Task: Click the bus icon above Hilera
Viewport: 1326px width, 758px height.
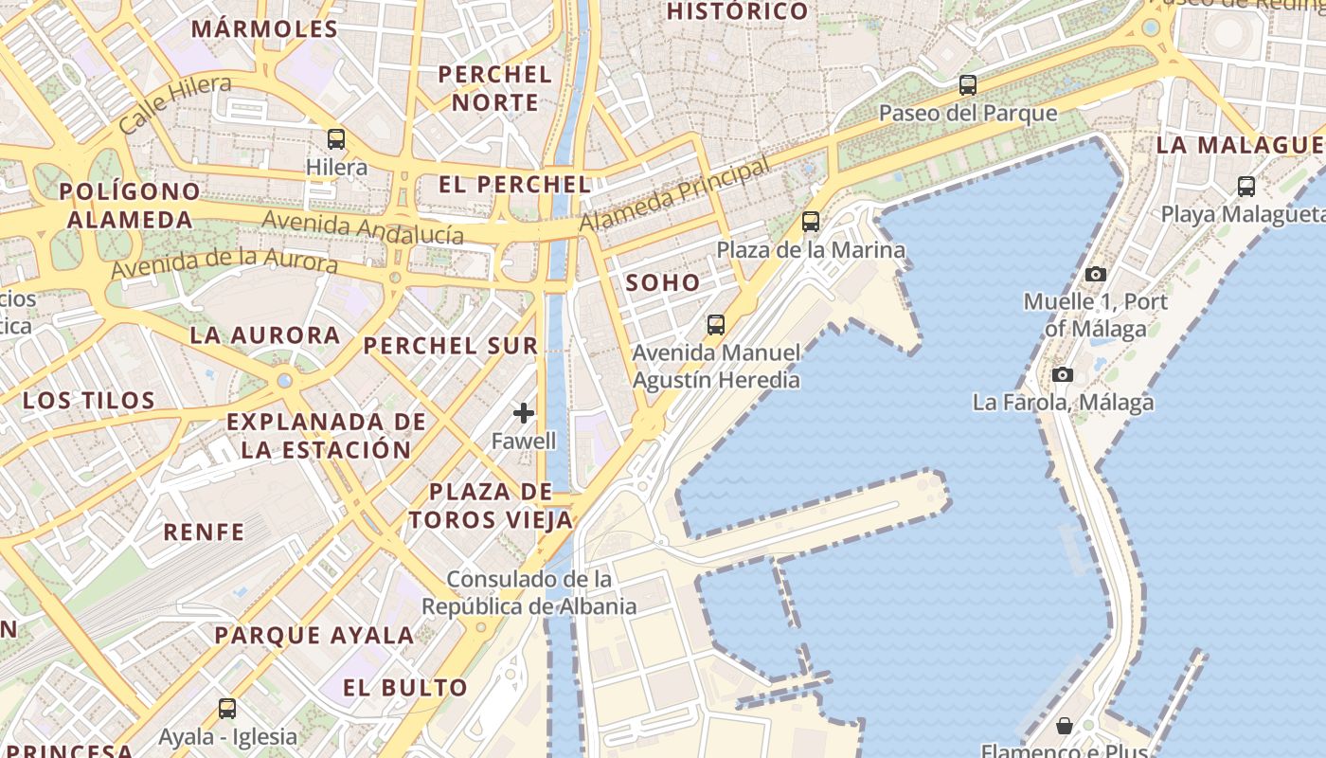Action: coord(336,139)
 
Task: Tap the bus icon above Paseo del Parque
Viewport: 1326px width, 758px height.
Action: coord(967,84)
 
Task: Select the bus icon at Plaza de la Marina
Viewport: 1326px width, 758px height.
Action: coord(811,222)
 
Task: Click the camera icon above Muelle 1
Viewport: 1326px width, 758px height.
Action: coord(1096,274)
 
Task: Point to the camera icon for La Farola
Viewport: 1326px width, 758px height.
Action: coord(1063,374)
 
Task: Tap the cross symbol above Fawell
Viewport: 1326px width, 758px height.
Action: coord(524,412)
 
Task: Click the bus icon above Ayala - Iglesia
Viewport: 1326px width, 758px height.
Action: coord(227,708)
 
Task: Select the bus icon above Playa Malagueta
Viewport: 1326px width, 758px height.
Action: coord(1246,186)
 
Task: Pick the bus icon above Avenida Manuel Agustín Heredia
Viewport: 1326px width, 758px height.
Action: coord(716,325)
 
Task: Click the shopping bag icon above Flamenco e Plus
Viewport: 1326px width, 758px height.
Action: coord(1065,726)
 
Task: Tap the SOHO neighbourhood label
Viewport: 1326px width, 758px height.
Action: coord(663,282)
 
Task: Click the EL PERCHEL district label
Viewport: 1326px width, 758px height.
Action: coord(515,185)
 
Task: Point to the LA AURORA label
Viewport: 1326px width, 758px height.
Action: coord(265,335)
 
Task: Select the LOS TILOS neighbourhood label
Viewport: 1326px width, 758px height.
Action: coord(89,400)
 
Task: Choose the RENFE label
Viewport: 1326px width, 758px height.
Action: coord(204,532)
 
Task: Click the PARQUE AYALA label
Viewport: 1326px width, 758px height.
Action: coord(314,635)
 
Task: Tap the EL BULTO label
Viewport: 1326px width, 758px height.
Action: coord(405,688)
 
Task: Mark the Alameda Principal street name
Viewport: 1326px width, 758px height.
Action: coord(674,194)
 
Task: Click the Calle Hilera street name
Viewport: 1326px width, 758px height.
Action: coord(175,103)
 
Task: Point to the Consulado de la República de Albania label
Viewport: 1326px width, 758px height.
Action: coord(529,592)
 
